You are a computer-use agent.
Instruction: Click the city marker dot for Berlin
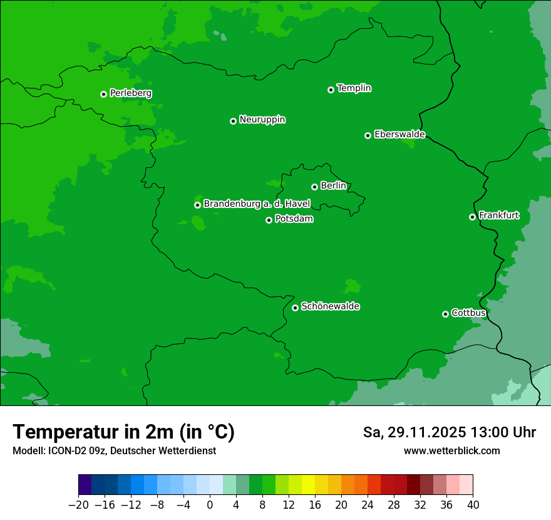click(314, 187)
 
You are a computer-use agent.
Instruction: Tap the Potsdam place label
click(294, 219)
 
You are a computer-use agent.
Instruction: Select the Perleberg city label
click(130, 93)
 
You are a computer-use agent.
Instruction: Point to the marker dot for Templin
click(331, 90)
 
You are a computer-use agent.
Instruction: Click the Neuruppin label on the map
click(262, 120)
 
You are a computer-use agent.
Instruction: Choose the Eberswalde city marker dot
click(368, 135)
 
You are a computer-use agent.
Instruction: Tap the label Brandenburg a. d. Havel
click(257, 204)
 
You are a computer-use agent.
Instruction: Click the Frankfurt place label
click(498, 216)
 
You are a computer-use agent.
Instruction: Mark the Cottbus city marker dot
click(445, 314)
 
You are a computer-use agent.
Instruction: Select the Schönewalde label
click(330, 306)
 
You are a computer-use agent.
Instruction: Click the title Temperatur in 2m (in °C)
click(123, 432)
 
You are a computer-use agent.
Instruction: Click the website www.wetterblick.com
click(451, 450)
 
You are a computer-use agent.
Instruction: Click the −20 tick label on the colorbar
click(78, 505)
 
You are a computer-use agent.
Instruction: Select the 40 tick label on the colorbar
click(473, 505)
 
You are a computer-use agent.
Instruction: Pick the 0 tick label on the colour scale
click(210, 505)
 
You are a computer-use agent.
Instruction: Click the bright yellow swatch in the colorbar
click(308, 485)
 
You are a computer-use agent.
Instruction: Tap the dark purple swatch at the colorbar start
click(85, 485)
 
